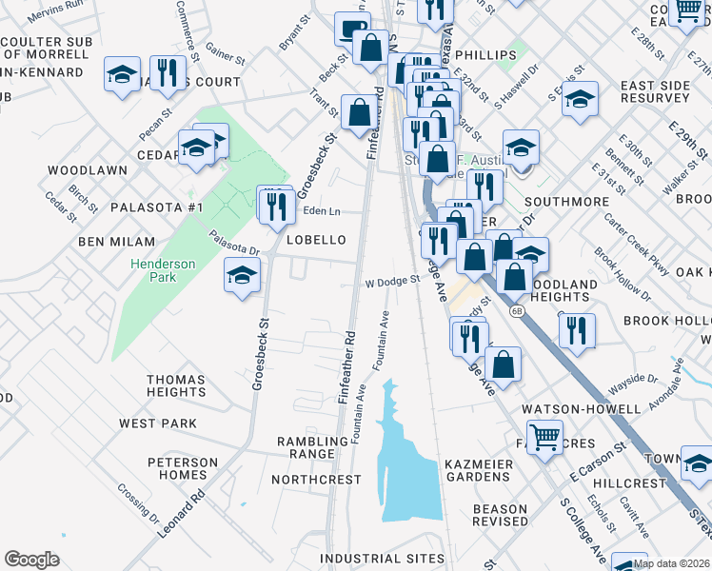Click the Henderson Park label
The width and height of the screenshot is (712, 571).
pyautogui.click(x=165, y=270)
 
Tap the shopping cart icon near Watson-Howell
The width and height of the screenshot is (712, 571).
pyautogui.click(x=545, y=439)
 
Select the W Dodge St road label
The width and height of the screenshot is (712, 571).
pyautogui.click(x=393, y=281)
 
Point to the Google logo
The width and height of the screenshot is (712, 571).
pyautogui.click(x=31, y=559)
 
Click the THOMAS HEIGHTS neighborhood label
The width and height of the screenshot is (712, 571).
pyautogui.click(x=176, y=385)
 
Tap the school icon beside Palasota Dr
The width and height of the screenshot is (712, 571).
pyautogui.click(x=242, y=276)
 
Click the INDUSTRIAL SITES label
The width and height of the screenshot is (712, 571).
pyautogui.click(x=382, y=558)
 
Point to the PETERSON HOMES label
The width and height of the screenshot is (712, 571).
pyautogui.click(x=183, y=468)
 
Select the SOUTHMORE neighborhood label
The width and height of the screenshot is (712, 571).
pyautogui.click(x=566, y=202)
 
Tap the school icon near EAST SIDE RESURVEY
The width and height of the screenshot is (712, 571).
pyautogui.click(x=580, y=99)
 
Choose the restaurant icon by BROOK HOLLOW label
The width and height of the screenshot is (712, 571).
pyautogui.click(x=577, y=330)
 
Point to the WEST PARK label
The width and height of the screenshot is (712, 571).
pyautogui.click(x=158, y=423)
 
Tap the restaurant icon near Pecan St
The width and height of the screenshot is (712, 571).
pyautogui.click(x=168, y=74)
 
